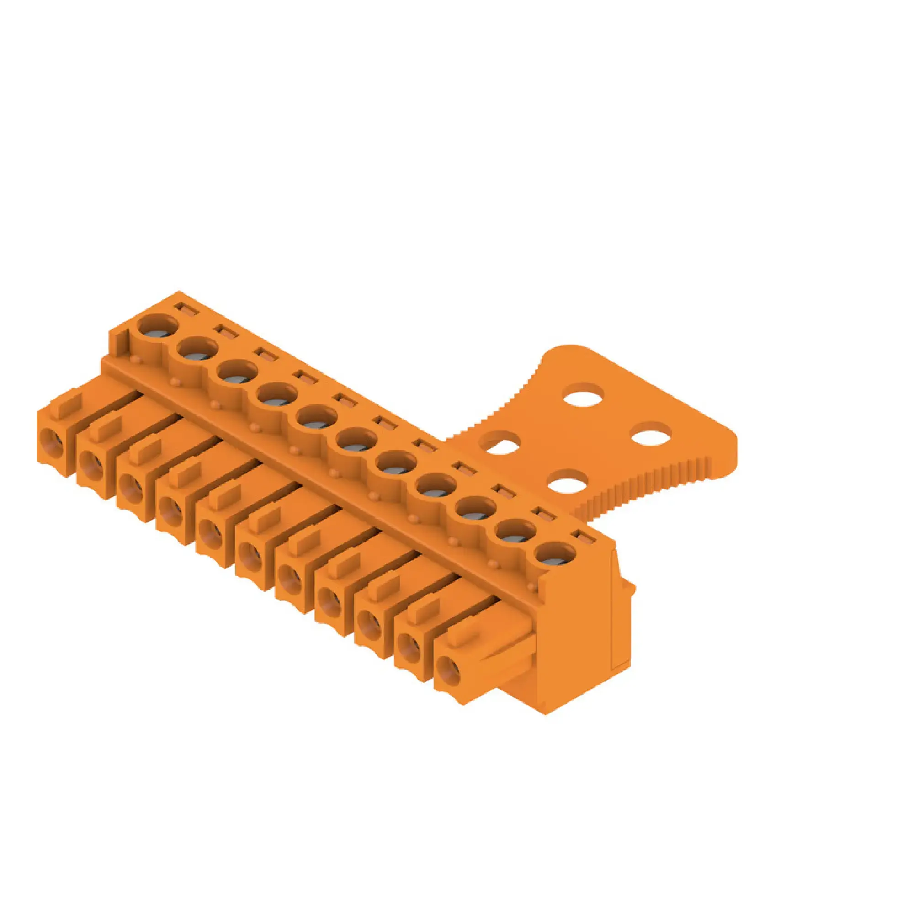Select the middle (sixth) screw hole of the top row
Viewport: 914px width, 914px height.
point(356,441)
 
